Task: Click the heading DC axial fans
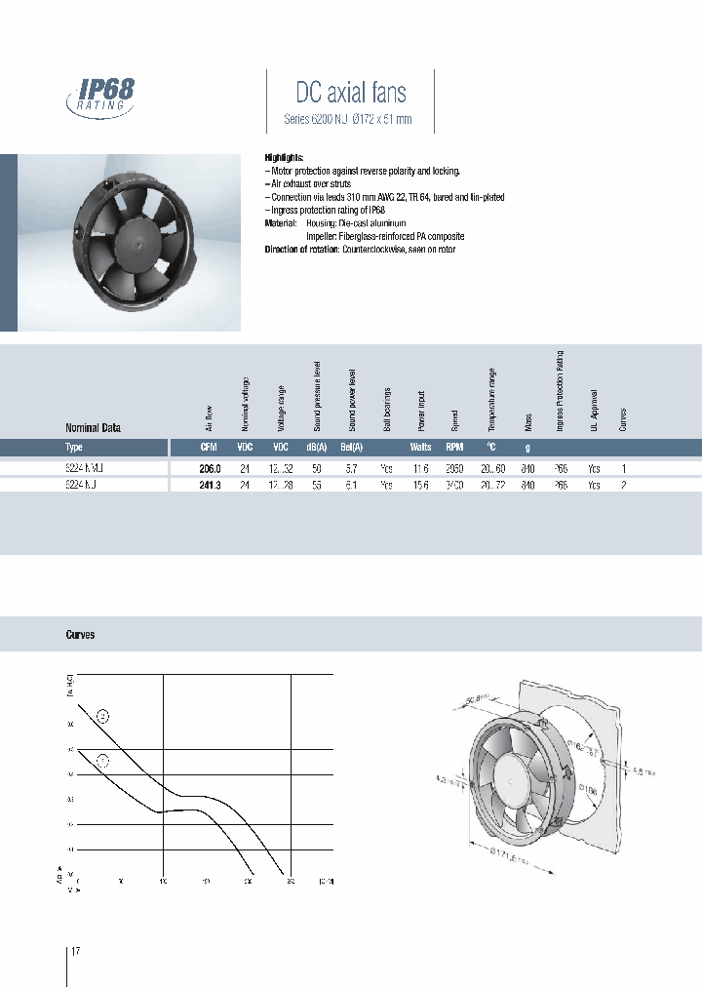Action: [x=351, y=93]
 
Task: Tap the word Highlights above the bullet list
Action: [x=284, y=157]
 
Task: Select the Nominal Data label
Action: [x=93, y=427]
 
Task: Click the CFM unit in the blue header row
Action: [x=209, y=448]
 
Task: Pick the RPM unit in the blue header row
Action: [x=454, y=448]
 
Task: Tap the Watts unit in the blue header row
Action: [x=420, y=448]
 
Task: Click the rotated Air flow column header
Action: [x=208, y=415]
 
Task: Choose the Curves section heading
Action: [x=80, y=634]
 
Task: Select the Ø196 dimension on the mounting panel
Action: [x=586, y=788]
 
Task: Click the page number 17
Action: [x=76, y=951]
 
